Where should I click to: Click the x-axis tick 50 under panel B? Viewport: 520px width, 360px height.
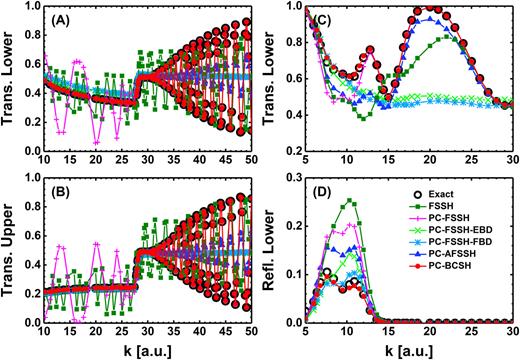click(247, 333)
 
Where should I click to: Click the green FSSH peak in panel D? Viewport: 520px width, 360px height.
click(378, 201)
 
